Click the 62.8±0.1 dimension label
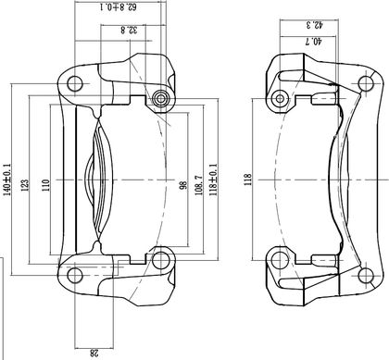[119, 6]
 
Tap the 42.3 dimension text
[315, 25]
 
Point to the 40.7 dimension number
[313, 41]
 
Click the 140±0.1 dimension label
[6, 180]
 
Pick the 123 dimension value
[25, 185]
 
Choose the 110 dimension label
[45, 185]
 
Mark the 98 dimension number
[183, 185]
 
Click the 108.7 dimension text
[198, 185]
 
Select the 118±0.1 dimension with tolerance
[213, 180]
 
